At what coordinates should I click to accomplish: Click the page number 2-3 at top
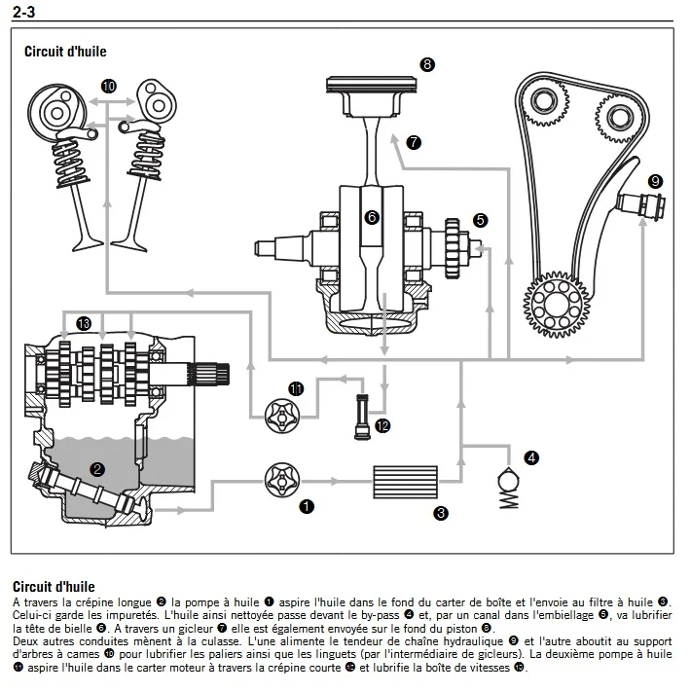(23, 12)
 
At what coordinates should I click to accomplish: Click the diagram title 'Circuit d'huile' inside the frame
(65, 52)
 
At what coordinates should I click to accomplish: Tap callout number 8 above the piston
(427, 65)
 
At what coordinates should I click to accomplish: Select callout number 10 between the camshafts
(109, 86)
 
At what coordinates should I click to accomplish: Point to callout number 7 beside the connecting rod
(414, 142)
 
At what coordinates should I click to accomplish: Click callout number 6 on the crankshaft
(372, 217)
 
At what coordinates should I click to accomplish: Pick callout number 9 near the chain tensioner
(655, 181)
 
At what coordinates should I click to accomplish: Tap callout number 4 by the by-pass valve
(531, 457)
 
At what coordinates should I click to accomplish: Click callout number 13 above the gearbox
(84, 323)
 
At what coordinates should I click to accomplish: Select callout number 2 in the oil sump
(97, 469)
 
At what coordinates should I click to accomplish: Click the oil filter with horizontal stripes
(406, 482)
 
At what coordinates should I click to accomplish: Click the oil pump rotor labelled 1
(282, 481)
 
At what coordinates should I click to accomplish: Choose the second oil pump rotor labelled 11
(282, 417)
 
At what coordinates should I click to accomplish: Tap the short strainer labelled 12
(362, 417)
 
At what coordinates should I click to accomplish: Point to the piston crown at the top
(372, 85)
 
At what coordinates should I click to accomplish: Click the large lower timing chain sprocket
(557, 305)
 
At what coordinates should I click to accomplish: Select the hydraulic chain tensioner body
(641, 204)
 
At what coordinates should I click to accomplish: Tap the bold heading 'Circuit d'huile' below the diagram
(54, 587)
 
